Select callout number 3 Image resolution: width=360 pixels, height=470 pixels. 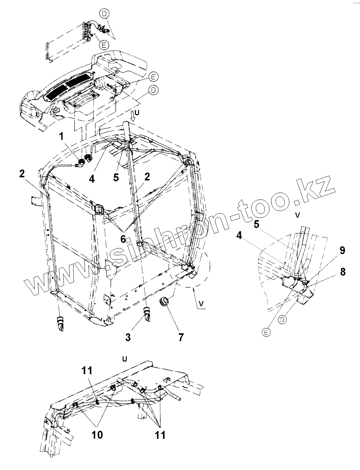click(128, 336)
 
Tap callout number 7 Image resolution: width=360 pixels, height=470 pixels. click(181, 336)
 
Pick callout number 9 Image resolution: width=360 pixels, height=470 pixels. click(342, 250)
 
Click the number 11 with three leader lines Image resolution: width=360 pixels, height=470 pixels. click(160, 434)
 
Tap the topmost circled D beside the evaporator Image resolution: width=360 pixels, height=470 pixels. click(104, 14)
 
